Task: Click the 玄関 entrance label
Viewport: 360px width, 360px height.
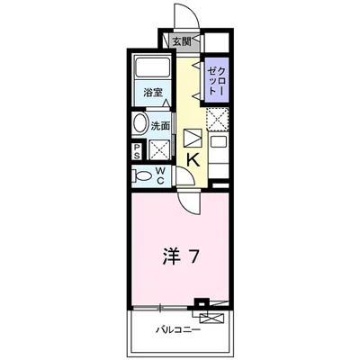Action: (181, 41)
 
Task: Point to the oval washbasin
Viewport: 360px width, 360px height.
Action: (140, 124)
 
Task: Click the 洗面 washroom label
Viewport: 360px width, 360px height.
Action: (160, 127)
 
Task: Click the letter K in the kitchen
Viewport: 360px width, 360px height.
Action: (193, 160)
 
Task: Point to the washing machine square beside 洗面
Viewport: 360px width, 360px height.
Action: (159, 149)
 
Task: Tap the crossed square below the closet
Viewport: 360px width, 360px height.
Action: (216, 119)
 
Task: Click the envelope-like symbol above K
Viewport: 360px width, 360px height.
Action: (193, 138)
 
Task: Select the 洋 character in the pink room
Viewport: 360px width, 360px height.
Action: (170, 256)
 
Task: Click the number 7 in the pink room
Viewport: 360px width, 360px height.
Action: (194, 256)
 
